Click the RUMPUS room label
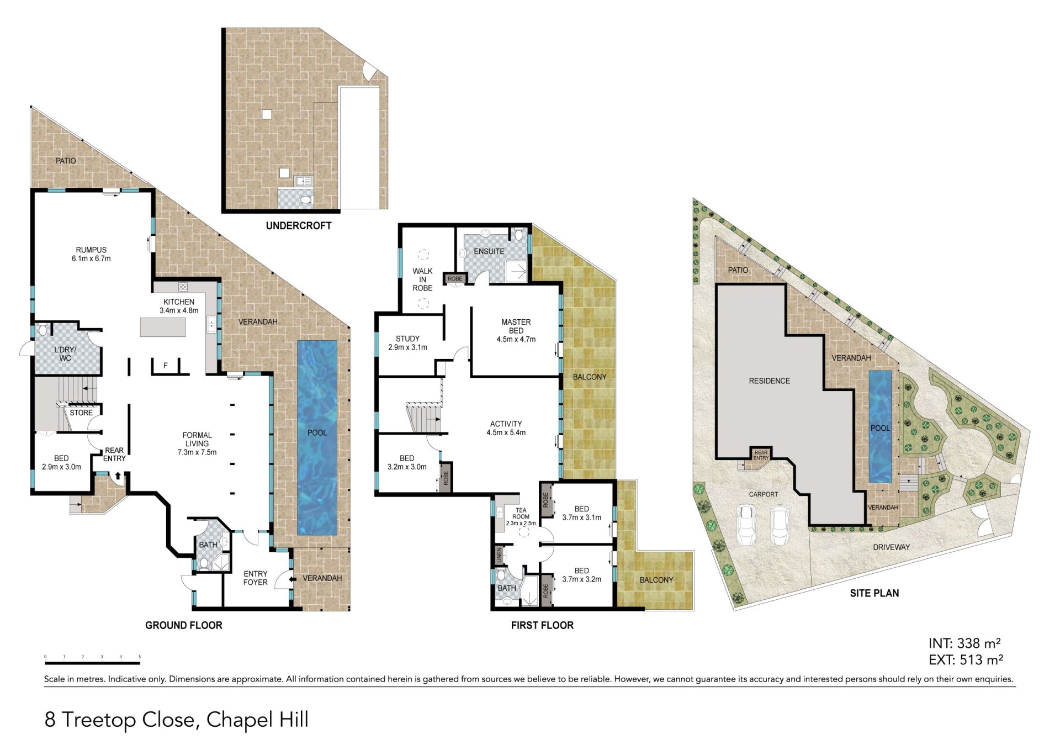point(91,254)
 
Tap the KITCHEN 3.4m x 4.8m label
point(179,306)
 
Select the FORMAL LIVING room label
point(197,443)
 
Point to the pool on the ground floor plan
point(317,437)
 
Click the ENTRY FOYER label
point(255,578)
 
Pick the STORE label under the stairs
point(81,413)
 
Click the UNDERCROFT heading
point(299,225)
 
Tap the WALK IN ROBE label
point(422,279)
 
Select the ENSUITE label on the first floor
point(489,251)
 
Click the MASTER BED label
point(516,330)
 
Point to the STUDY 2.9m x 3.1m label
point(407,343)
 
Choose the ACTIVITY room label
point(506,428)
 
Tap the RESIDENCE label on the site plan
point(769,381)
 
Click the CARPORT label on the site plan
point(764,494)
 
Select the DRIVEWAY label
point(891,547)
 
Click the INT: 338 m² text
point(964,643)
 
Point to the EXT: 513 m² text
point(966,660)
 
